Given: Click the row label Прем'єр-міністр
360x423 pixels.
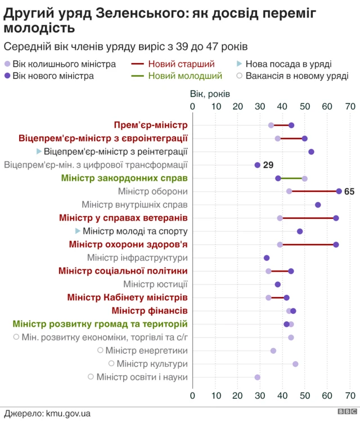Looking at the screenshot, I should [x=151, y=125].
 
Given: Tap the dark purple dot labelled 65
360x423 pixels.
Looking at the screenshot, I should [x=339, y=191].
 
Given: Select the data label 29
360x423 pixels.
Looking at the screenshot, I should [x=268, y=165].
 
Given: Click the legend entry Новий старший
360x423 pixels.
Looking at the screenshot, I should [x=181, y=64].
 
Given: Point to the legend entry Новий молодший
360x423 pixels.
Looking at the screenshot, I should [x=185, y=75].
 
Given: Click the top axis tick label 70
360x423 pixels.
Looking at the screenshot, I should [x=350, y=107].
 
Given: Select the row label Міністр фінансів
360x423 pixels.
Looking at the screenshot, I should [x=150, y=310].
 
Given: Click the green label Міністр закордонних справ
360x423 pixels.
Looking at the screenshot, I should [x=124, y=178].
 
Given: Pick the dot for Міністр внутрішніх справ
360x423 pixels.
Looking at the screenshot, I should [x=318, y=205].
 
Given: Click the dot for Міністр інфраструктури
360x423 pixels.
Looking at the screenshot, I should [x=267, y=258].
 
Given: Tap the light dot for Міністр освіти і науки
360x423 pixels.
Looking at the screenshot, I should [x=258, y=377].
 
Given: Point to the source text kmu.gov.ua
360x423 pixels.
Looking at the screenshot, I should [x=67, y=413].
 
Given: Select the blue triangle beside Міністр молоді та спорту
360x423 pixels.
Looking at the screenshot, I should [x=78, y=231].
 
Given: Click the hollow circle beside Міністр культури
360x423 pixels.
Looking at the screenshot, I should [x=111, y=364].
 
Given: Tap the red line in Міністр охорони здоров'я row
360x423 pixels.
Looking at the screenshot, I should [x=308, y=244].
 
